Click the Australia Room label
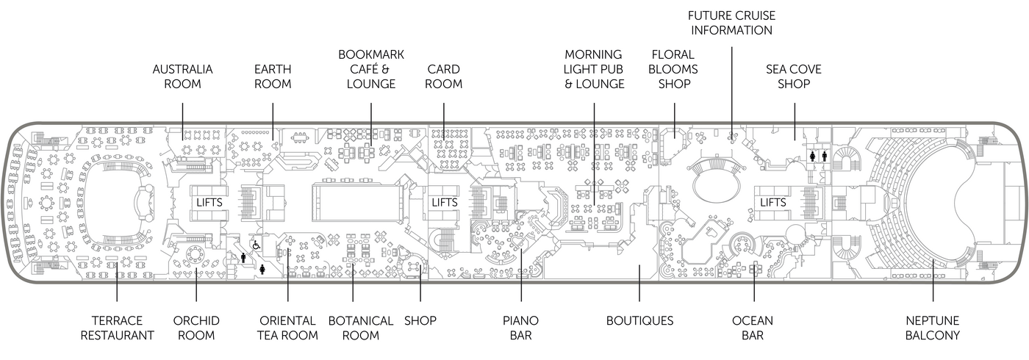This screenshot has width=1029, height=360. (x=182, y=76)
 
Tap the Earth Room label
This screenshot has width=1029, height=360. (x=273, y=76)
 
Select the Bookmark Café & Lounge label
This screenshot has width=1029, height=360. (x=370, y=69)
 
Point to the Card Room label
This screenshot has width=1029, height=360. (x=444, y=76)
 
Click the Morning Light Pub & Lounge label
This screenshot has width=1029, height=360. (x=594, y=69)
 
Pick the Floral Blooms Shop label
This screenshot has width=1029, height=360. (x=674, y=69)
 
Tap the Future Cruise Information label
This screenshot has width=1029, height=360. (x=731, y=23)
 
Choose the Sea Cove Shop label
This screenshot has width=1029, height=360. (x=794, y=76)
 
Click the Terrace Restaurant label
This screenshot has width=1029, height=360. (x=118, y=328)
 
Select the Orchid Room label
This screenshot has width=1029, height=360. (x=196, y=328)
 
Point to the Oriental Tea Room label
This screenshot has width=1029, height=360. (x=287, y=328)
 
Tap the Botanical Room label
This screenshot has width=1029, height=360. (x=360, y=328)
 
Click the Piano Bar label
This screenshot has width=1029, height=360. (x=520, y=328)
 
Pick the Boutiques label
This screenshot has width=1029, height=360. (x=639, y=320)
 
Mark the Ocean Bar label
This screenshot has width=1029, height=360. (x=753, y=328)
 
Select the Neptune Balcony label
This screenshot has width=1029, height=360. (x=933, y=328)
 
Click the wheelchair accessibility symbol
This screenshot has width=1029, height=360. (x=257, y=245)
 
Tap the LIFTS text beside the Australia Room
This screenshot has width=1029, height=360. (x=209, y=202)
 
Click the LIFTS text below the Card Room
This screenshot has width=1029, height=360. (x=444, y=202)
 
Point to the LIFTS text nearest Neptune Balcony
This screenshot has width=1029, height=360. (x=773, y=202)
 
